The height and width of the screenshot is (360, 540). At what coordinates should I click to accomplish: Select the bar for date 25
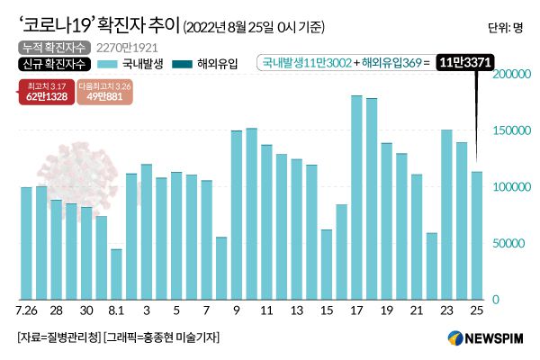click(x=477, y=235)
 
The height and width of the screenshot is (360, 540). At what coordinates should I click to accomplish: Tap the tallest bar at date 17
click(x=356, y=197)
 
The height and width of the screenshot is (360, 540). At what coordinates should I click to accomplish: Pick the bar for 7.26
click(x=26, y=243)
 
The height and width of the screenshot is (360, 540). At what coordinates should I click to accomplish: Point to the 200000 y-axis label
click(x=510, y=75)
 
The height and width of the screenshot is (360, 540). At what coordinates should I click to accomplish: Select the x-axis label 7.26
click(x=27, y=310)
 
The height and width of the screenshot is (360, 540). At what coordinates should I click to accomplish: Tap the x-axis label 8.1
click(x=116, y=310)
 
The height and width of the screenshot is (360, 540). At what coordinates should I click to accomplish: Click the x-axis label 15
click(x=327, y=310)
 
